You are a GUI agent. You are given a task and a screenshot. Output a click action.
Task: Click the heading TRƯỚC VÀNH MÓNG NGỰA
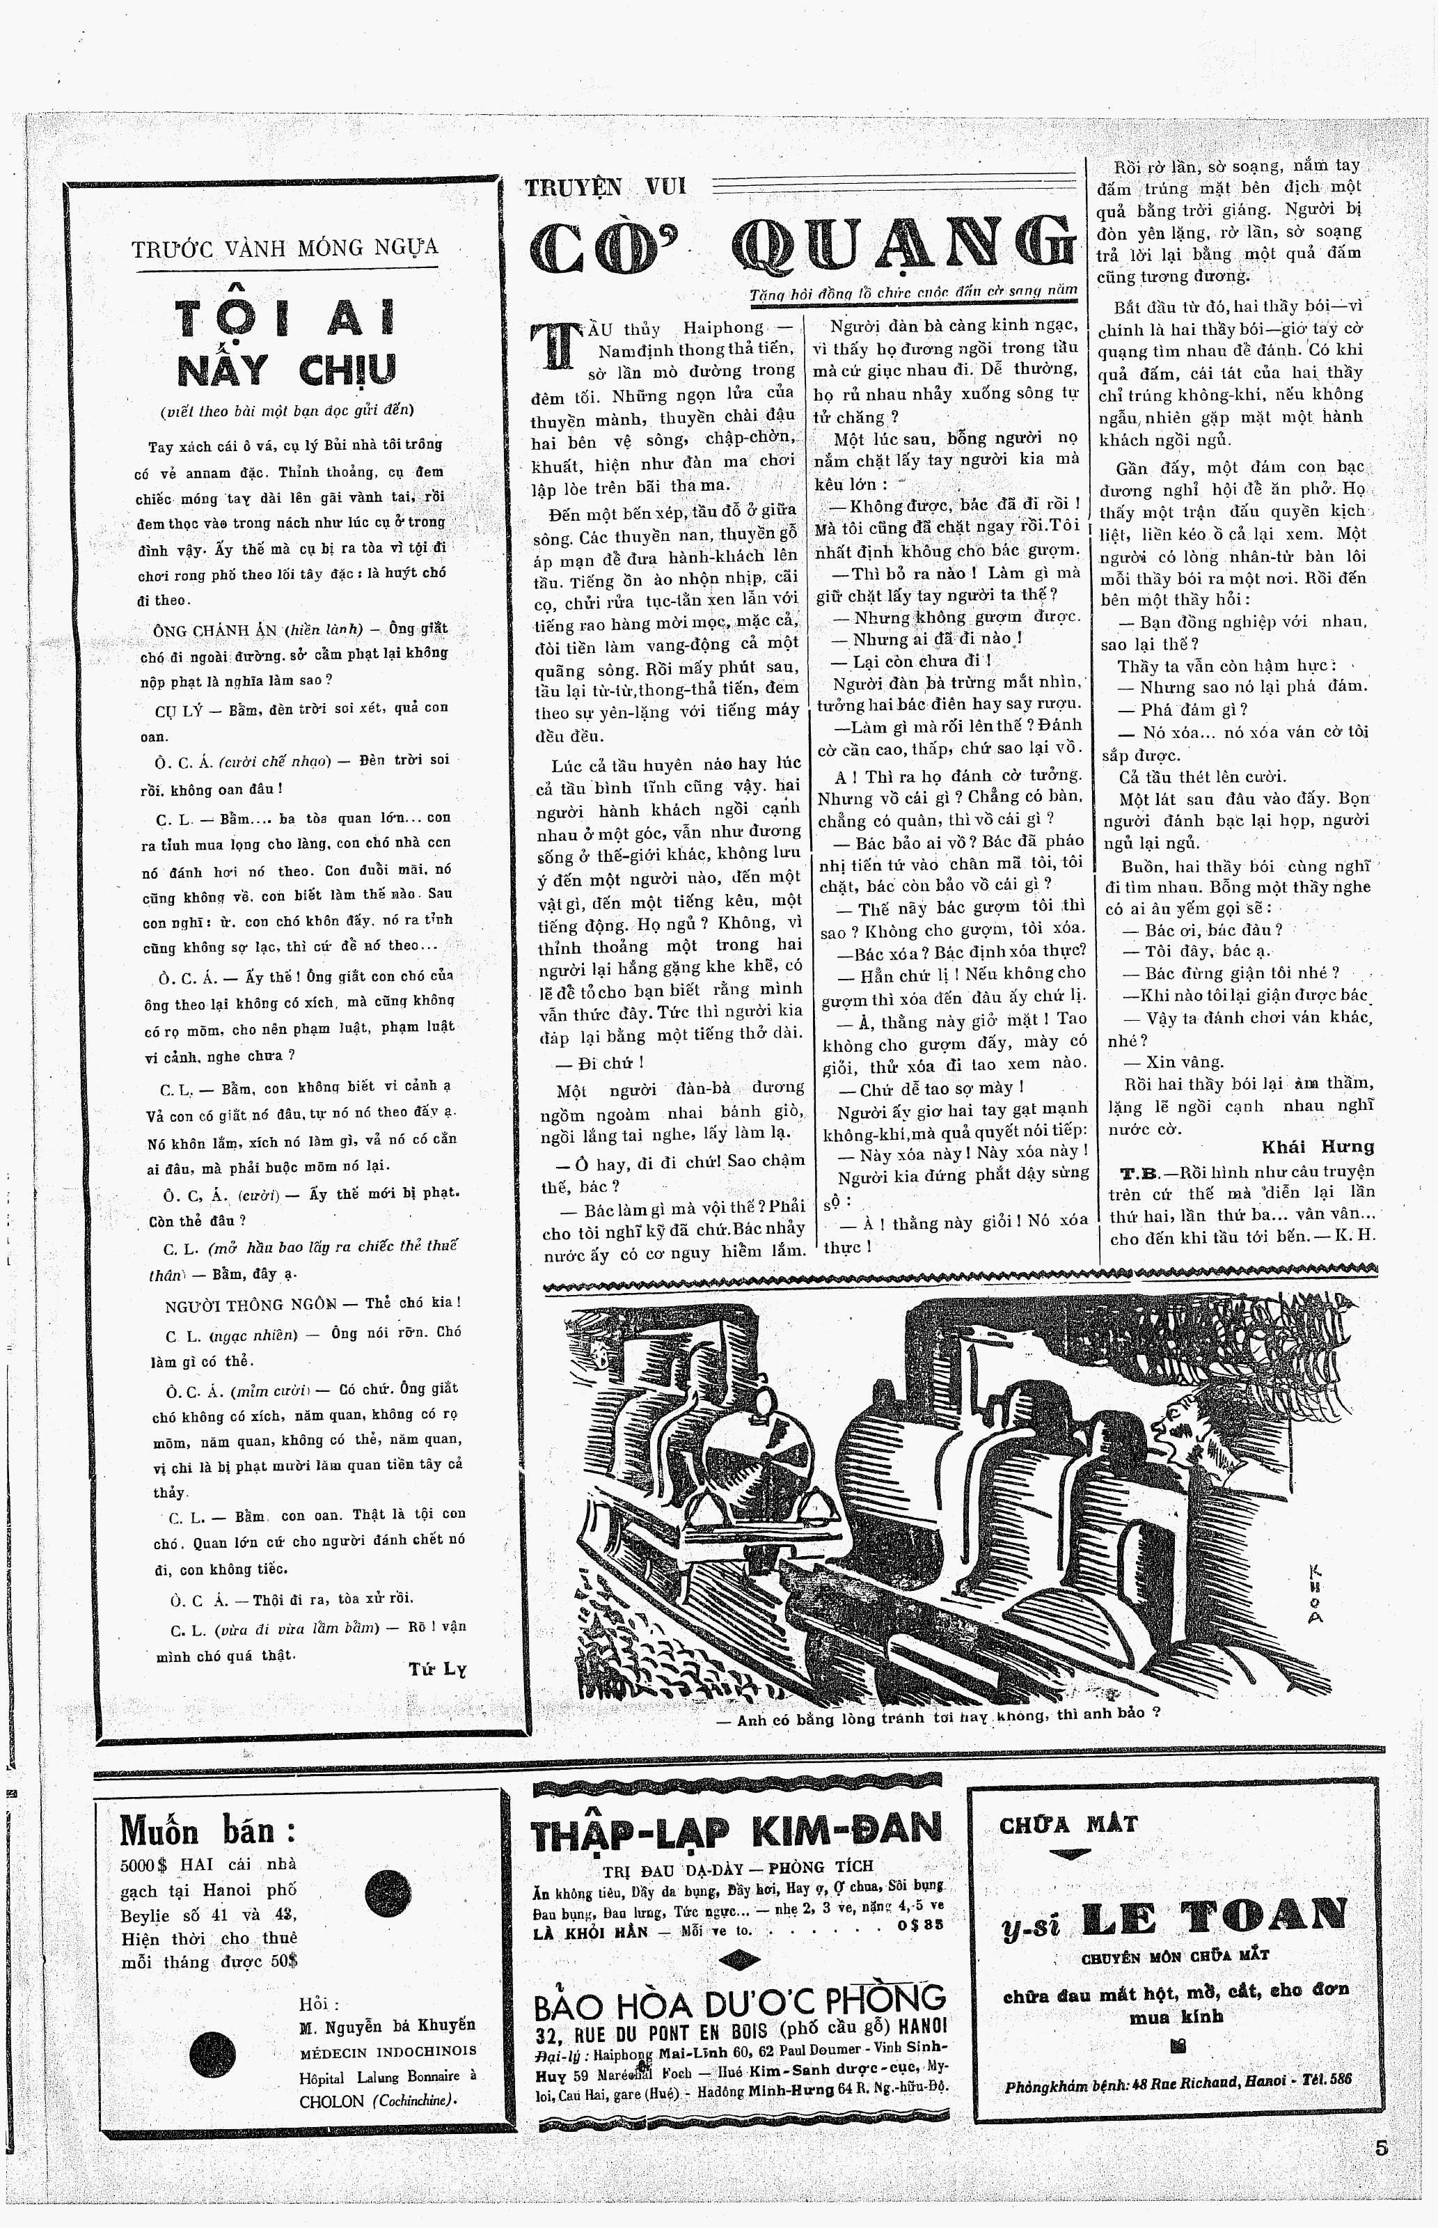[285, 249]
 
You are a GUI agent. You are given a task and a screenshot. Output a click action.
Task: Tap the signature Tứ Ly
[437, 1669]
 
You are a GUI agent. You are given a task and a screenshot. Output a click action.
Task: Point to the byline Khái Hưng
[1318, 1147]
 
